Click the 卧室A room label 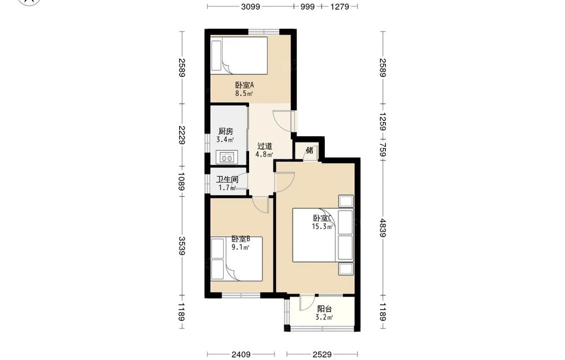pyautogui.click(x=245, y=85)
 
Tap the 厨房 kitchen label pyautogui.click(x=225, y=132)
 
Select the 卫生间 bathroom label pyautogui.click(x=227, y=180)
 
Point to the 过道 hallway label pyautogui.click(x=264, y=146)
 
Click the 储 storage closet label pyautogui.click(x=310, y=150)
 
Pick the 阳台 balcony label pyautogui.click(x=324, y=309)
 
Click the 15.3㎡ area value pyautogui.click(x=322, y=227)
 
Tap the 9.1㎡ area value pyautogui.click(x=240, y=247)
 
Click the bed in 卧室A pyautogui.click(x=239, y=55)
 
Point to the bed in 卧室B pyautogui.click(x=237, y=259)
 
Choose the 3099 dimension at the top pyautogui.click(x=250, y=6)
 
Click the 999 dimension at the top pyautogui.click(x=307, y=6)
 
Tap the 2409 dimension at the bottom pyautogui.click(x=241, y=354)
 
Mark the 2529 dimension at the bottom pyautogui.click(x=322, y=354)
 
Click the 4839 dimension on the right pyautogui.click(x=383, y=228)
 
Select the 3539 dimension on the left pyautogui.click(x=182, y=246)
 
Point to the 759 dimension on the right pyautogui.click(x=383, y=150)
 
